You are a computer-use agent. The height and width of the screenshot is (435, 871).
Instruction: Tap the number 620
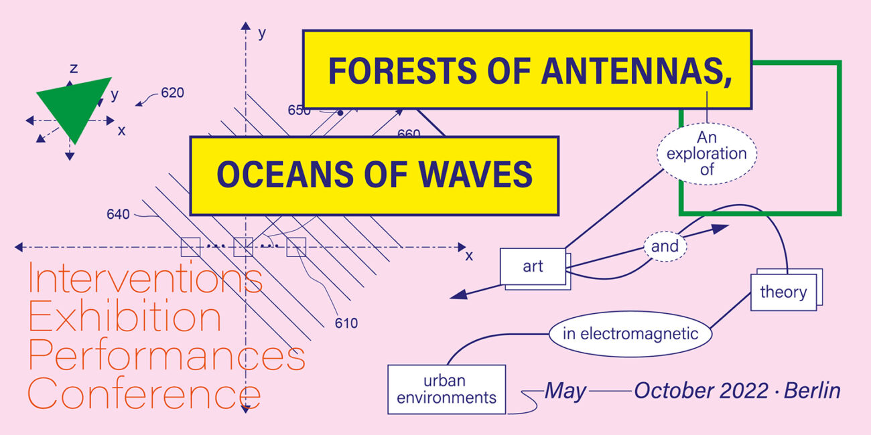click(172, 93)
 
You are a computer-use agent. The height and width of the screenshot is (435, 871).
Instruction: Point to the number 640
click(118, 214)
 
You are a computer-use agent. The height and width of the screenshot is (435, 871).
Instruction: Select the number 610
click(346, 323)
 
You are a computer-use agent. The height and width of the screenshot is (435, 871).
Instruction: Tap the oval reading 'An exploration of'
click(707, 154)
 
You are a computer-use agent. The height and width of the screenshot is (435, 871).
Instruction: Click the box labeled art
click(533, 267)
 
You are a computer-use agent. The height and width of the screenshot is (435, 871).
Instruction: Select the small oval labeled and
click(665, 246)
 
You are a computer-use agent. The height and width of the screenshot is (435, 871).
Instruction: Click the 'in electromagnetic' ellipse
click(630, 334)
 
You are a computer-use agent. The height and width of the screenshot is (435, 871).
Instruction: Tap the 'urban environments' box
click(447, 389)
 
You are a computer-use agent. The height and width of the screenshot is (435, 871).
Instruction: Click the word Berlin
click(812, 391)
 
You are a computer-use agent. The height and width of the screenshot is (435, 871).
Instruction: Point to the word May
click(565, 391)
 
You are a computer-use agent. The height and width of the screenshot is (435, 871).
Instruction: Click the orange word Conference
click(144, 393)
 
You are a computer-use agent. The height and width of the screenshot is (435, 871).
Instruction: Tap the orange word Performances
click(166, 354)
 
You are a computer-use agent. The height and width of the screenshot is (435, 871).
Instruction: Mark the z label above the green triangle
click(74, 69)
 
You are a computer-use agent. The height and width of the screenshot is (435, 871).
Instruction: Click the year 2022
click(744, 391)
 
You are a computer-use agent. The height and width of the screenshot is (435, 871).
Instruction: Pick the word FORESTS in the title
click(403, 72)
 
